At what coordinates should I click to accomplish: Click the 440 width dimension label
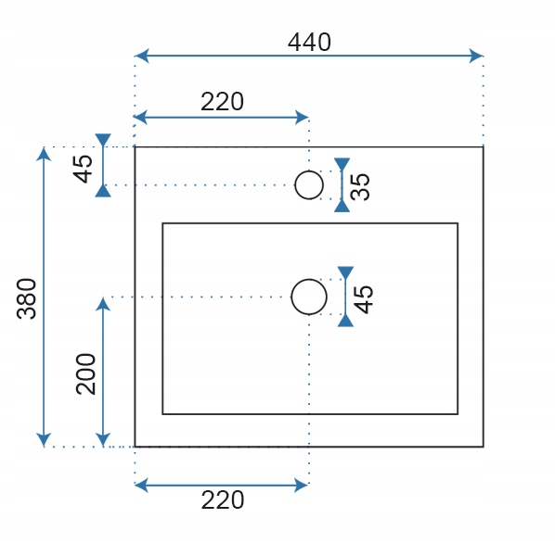pyautogui.click(x=309, y=43)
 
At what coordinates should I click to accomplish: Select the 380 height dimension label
pyautogui.click(x=27, y=298)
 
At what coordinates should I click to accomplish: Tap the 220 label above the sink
pyautogui.click(x=223, y=102)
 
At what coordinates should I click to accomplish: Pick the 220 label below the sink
pyautogui.click(x=223, y=500)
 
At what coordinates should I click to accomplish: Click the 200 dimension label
pyautogui.click(x=86, y=373)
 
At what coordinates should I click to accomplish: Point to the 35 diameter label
pyautogui.click(x=360, y=187)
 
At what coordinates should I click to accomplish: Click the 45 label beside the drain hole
pyautogui.click(x=364, y=299)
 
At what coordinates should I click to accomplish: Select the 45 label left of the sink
pyautogui.click(x=83, y=170)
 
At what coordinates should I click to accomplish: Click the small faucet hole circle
pyautogui.click(x=309, y=171)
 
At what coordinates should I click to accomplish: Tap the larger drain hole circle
pyautogui.click(x=309, y=280)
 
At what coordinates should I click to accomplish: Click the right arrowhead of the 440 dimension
pyautogui.click(x=476, y=56)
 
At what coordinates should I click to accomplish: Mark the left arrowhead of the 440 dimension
pyautogui.click(x=142, y=56)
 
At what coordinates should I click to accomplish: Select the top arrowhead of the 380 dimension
pyautogui.click(x=44, y=154)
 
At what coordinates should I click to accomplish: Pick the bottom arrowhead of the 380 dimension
pyautogui.click(x=44, y=439)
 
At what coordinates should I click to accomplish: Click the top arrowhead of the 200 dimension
pyautogui.click(x=103, y=304)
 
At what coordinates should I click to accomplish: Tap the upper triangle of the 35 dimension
pyautogui.click(x=342, y=164)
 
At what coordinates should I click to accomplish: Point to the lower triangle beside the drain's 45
pyautogui.click(x=345, y=321)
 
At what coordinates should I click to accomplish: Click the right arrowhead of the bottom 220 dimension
pyautogui.click(x=301, y=485)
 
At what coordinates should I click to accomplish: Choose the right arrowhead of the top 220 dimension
pyautogui.click(x=302, y=117)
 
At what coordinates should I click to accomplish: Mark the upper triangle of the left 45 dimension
pyautogui.click(x=103, y=140)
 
